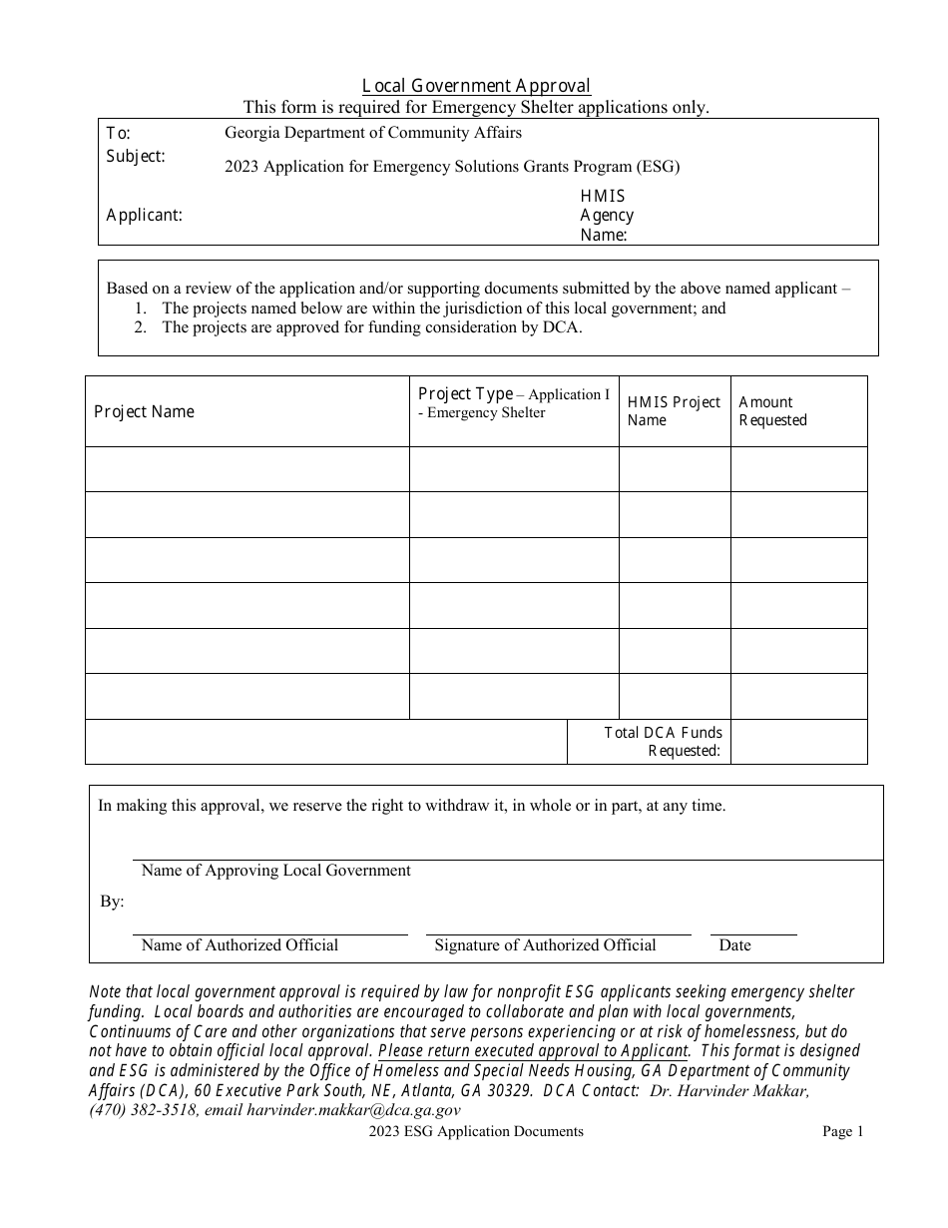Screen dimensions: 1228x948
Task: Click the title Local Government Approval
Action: tap(476, 86)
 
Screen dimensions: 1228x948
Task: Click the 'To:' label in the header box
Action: tap(119, 133)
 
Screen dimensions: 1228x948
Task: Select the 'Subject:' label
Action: tap(136, 157)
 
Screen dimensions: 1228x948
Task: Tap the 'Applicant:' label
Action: tap(144, 215)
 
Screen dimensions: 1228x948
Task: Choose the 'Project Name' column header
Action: tap(144, 411)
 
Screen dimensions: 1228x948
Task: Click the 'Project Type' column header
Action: tap(465, 394)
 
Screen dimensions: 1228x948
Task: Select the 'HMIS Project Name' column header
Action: tap(673, 410)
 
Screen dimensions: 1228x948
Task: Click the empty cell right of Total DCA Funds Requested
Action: tap(798, 742)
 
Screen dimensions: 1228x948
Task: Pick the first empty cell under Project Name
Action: tap(246, 469)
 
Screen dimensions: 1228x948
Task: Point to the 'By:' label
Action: tap(112, 902)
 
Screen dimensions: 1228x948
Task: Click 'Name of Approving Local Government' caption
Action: tap(275, 871)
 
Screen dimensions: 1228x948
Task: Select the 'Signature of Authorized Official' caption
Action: tap(545, 945)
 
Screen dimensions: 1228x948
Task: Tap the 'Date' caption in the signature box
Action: tap(734, 945)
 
